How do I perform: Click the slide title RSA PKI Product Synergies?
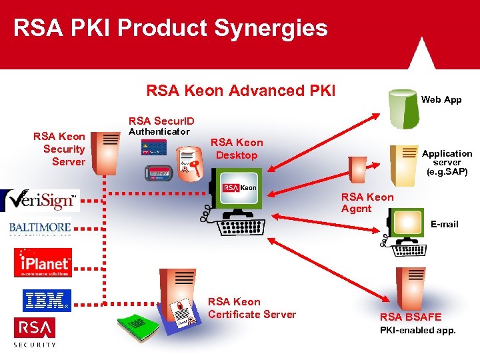pyautogui.click(x=171, y=28)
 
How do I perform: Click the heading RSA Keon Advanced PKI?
pyautogui.click(x=241, y=91)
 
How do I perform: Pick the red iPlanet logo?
pyautogui.click(x=43, y=262)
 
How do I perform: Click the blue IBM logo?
pyautogui.click(x=46, y=300)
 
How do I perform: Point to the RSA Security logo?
pyautogui.click(x=35, y=331)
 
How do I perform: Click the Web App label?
pyautogui.click(x=441, y=99)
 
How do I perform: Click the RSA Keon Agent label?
pyautogui.click(x=367, y=203)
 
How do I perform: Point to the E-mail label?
pyautogui.click(x=444, y=224)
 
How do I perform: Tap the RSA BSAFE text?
pyautogui.click(x=411, y=317)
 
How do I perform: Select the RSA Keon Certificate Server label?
pyautogui.click(x=252, y=308)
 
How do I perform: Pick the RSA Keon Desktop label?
pyautogui.click(x=237, y=149)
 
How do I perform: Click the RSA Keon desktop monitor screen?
pyautogui.click(x=239, y=187)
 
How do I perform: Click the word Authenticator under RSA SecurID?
pyautogui.click(x=159, y=131)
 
